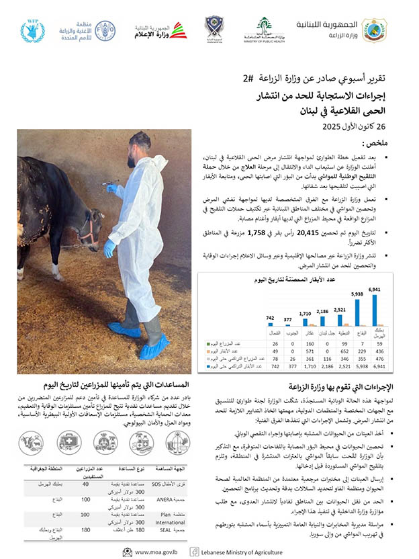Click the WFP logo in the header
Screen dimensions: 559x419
pyautogui.click(x=32, y=31)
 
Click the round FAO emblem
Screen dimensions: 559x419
pyautogui.click(x=105, y=31)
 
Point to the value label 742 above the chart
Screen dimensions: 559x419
pyautogui.click(x=271, y=318)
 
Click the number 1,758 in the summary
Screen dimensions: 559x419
pyautogui.click(x=258, y=233)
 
